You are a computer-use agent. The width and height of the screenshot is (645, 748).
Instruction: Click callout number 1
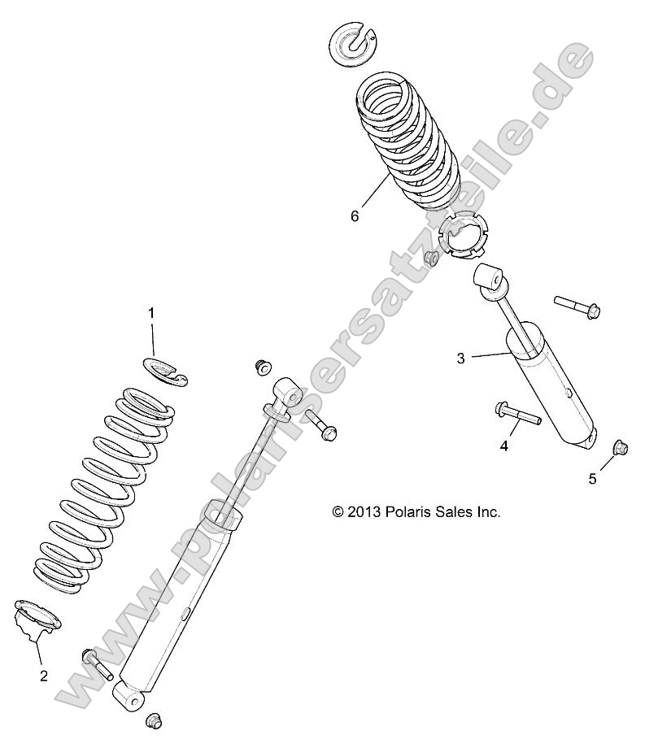click(x=150, y=312)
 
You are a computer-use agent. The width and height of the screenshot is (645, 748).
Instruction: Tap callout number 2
click(x=43, y=675)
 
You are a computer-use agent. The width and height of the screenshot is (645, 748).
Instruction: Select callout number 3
click(x=460, y=358)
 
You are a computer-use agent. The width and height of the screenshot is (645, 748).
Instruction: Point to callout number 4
click(x=503, y=446)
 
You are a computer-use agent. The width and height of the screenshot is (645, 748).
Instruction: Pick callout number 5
click(x=592, y=478)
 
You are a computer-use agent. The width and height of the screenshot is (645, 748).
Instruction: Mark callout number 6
click(x=354, y=215)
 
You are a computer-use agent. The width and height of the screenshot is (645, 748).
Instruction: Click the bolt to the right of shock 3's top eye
click(x=577, y=306)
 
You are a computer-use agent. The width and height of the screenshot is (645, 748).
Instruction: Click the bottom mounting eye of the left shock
click(x=129, y=694)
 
